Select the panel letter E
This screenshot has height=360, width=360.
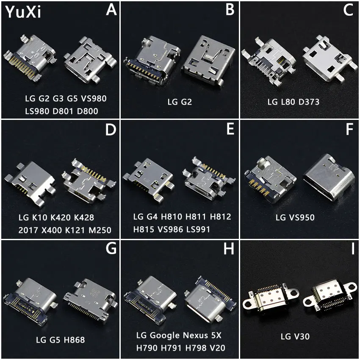click(x=230, y=129)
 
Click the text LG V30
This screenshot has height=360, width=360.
click(x=295, y=337)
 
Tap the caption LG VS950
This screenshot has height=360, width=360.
click(x=296, y=218)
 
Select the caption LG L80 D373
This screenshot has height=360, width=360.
click(x=293, y=102)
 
